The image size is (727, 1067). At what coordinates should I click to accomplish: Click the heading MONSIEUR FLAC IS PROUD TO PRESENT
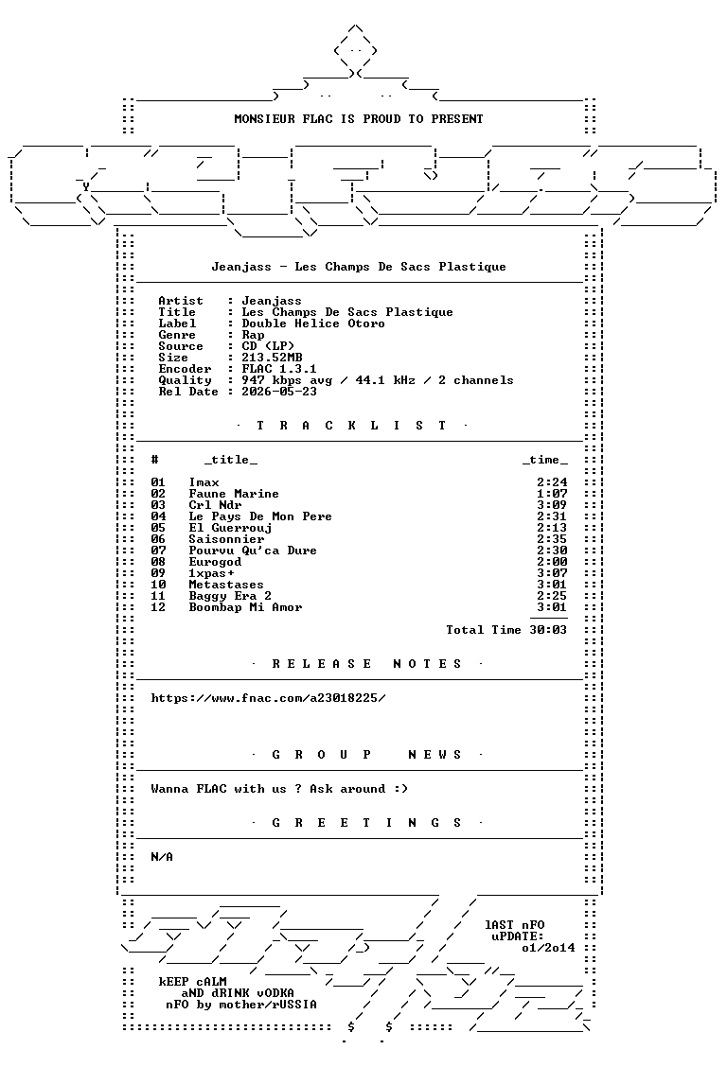pyautogui.click(x=359, y=119)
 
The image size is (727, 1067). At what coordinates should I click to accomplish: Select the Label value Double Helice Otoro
pyautogui.click(x=313, y=324)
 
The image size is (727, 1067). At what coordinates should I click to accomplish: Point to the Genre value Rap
pyautogui.click(x=254, y=336)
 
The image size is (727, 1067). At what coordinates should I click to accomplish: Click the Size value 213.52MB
pyautogui.click(x=273, y=358)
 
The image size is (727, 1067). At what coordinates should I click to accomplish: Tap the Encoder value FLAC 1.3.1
pyautogui.click(x=279, y=370)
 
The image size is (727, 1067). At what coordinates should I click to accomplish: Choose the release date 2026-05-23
pyautogui.click(x=279, y=392)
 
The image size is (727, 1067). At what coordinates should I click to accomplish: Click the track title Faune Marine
pyautogui.click(x=234, y=494)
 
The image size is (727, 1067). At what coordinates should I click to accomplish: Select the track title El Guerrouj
pyautogui.click(x=231, y=528)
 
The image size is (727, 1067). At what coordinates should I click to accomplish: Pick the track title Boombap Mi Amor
pyautogui.click(x=246, y=607)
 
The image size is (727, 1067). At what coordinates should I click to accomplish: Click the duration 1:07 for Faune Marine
pyautogui.click(x=552, y=494)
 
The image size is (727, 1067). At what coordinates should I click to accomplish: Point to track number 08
pyautogui.click(x=158, y=562)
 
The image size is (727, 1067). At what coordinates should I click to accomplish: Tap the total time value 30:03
pyautogui.click(x=548, y=630)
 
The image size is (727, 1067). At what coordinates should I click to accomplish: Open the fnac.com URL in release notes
pyautogui.click(x=268, y=698)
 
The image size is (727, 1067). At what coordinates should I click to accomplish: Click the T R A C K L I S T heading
pyautogui.click(x=351, y=426)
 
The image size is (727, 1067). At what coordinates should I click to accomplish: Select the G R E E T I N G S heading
pyautogui.click(x=367, y=823)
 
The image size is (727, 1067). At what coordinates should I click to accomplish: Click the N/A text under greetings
pyautogui.click(x=162, y=857)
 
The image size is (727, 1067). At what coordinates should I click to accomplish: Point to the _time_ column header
pyautogui.click(x=545, y=460)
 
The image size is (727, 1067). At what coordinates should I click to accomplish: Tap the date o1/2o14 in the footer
pyautogui.click(x=549, y=948)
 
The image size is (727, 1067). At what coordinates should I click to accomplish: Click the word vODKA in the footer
pyautogui.click(x=275, y=993)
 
